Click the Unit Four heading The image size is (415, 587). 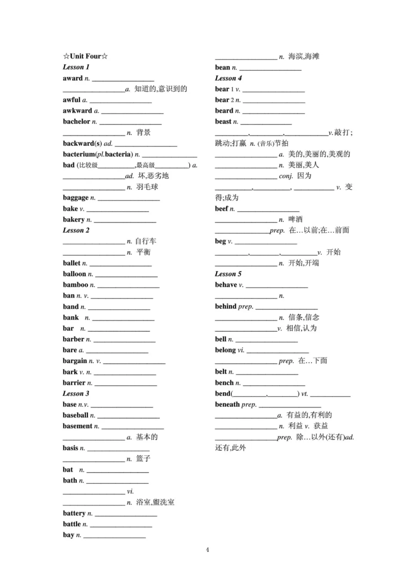point(85,56)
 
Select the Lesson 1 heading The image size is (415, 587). point(76,67)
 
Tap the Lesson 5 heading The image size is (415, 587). point(228,274)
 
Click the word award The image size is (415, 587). point(73,78)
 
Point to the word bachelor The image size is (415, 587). point(76,121)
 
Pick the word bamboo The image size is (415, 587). point(76,285)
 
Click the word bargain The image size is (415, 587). point(75,361)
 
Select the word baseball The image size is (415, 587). point(76,415)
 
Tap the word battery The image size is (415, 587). point(74,513)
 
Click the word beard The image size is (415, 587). point(224,111)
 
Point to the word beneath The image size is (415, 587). point(227,404)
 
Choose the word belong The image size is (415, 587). point(225,350)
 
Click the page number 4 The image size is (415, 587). point(207,550)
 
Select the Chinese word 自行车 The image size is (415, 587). point(146,241)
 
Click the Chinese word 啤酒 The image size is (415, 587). point(295,219)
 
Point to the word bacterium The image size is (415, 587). point(79,154)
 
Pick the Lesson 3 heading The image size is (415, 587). point(76,393)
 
